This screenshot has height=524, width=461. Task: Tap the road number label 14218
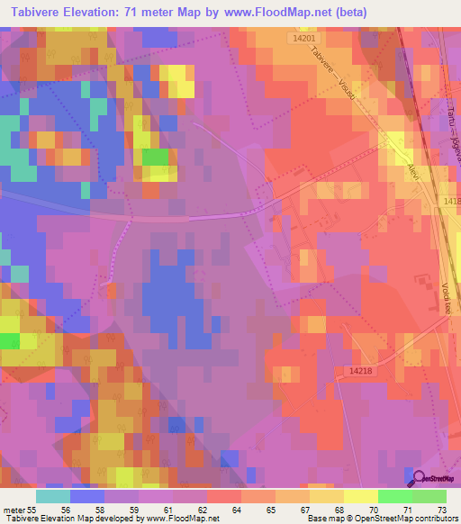pos(359,370)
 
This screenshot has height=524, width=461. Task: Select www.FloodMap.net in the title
pos(297,13)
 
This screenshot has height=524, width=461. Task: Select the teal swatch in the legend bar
pos(52,496)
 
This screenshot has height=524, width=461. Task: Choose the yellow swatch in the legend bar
pos(360,496)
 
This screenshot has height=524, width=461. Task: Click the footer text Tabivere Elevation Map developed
pos(63,519)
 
